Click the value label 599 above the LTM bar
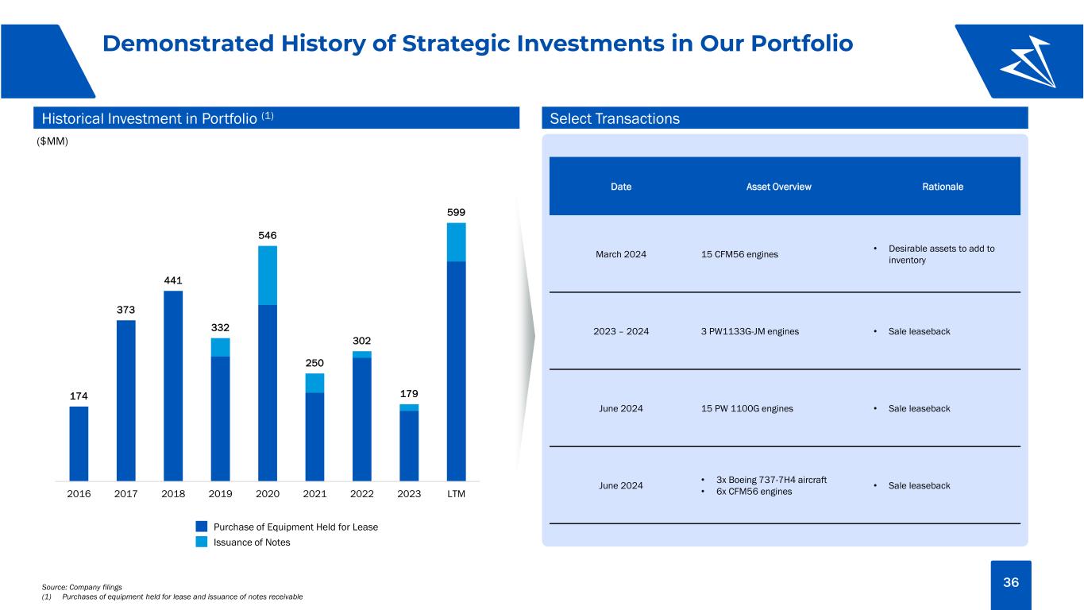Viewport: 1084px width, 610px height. (456, 212)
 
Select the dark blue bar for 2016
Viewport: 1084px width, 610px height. (79, 443)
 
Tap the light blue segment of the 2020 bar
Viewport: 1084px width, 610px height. (268, 276)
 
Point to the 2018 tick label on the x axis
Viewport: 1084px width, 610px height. (173, 494)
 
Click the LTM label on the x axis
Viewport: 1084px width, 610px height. (456, 494)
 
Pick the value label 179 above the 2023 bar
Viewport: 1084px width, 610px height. (409, 394)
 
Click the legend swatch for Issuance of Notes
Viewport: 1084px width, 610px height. (202, 542)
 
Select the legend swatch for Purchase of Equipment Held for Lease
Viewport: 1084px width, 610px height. (202, 527)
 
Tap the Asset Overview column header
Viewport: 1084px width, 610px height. (778, 187)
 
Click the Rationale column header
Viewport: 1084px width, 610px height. (943, 187)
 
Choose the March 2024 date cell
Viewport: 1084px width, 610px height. (621, 254)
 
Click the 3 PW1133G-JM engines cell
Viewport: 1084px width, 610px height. (750, 332)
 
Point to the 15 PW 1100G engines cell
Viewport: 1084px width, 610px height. (747, 408)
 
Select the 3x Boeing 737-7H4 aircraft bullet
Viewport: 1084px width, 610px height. (771, 480)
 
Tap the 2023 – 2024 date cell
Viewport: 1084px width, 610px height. (621, 332)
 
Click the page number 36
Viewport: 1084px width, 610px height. (1011, 582)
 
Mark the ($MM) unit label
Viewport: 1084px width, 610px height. (52, 141)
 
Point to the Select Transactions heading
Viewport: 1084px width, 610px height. (615, 118)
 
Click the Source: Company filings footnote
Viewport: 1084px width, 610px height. (82, 587)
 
